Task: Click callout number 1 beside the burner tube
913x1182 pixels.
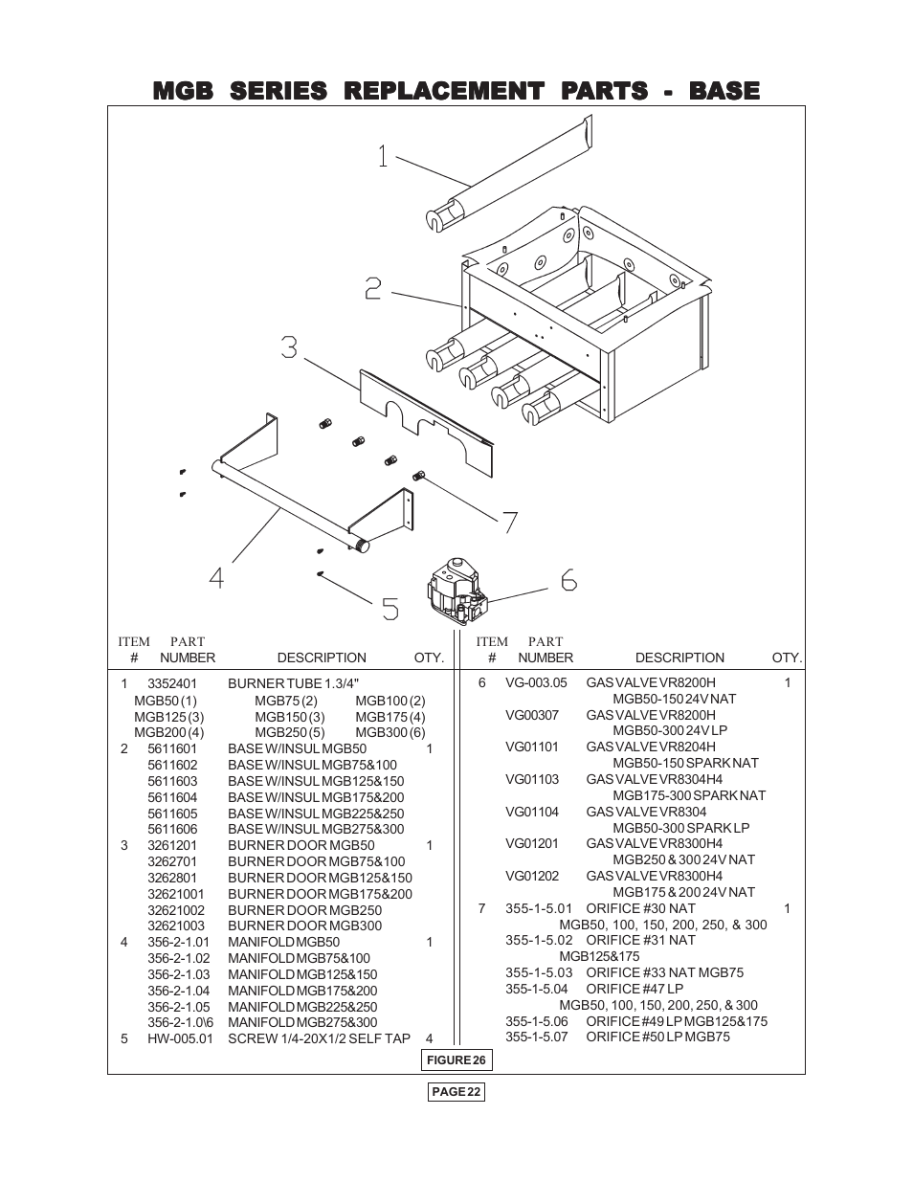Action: click(x=383, y=156)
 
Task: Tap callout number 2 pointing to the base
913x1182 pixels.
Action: click(x=373, y=288)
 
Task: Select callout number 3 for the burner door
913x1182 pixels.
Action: click(x=289, y=347)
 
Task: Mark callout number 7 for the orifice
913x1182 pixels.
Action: click(x=509, y=523)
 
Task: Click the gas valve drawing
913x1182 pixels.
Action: click(x=456, y=592)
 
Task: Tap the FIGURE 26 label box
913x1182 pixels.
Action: click(x=456, y=1059)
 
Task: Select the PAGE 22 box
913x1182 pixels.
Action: click(x=456, y=1092)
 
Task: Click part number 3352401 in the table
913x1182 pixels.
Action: click(x=172, y=683)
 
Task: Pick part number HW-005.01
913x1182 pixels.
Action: click(x=180, y=1038)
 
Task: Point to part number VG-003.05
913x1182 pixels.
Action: click(x=536, y=682)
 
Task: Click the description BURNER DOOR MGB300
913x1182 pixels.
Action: click(x=305, y=926)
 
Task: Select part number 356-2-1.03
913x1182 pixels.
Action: click(x=178, y=974)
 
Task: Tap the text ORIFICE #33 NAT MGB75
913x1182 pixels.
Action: click(x=664, y=972)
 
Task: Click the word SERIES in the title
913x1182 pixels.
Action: click(x=278, y=90)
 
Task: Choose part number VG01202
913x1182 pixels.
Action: click(x=532, y=876)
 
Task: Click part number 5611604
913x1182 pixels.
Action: click(x=172, y=797)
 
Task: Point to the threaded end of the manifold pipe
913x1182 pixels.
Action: click(x=360, y=546)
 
